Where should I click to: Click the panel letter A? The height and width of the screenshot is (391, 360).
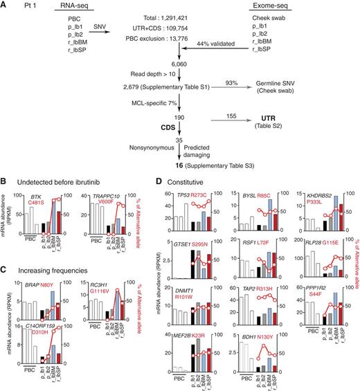[4, 5]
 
